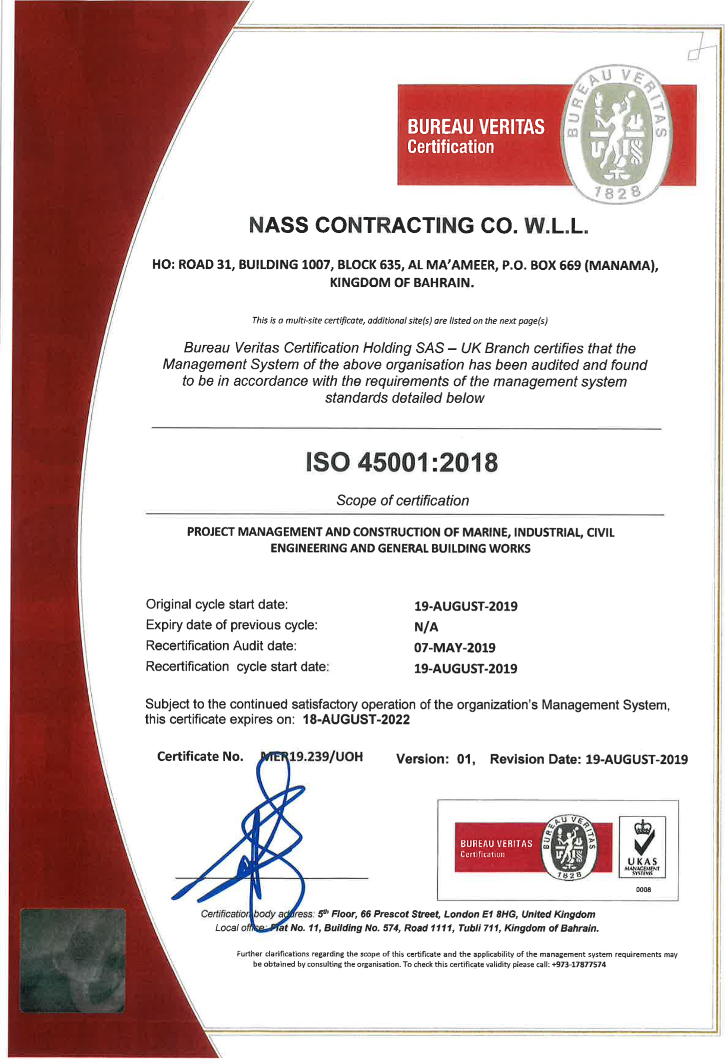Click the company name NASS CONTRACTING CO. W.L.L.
tap(417, 226)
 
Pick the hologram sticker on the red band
tap(72, 960)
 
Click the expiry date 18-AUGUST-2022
tap(356, 719)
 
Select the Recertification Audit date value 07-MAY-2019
tap(454, 647)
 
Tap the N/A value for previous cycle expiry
tap(426, 627)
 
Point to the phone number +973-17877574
tap(578, 964)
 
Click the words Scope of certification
tap(402, 500)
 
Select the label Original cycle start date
tap(216, 604)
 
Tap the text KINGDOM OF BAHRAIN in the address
tap(401, 283)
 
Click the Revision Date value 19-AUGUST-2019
tap(636, 759)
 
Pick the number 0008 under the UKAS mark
tap(643, 890)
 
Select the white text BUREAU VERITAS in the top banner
tap(476, 127)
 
